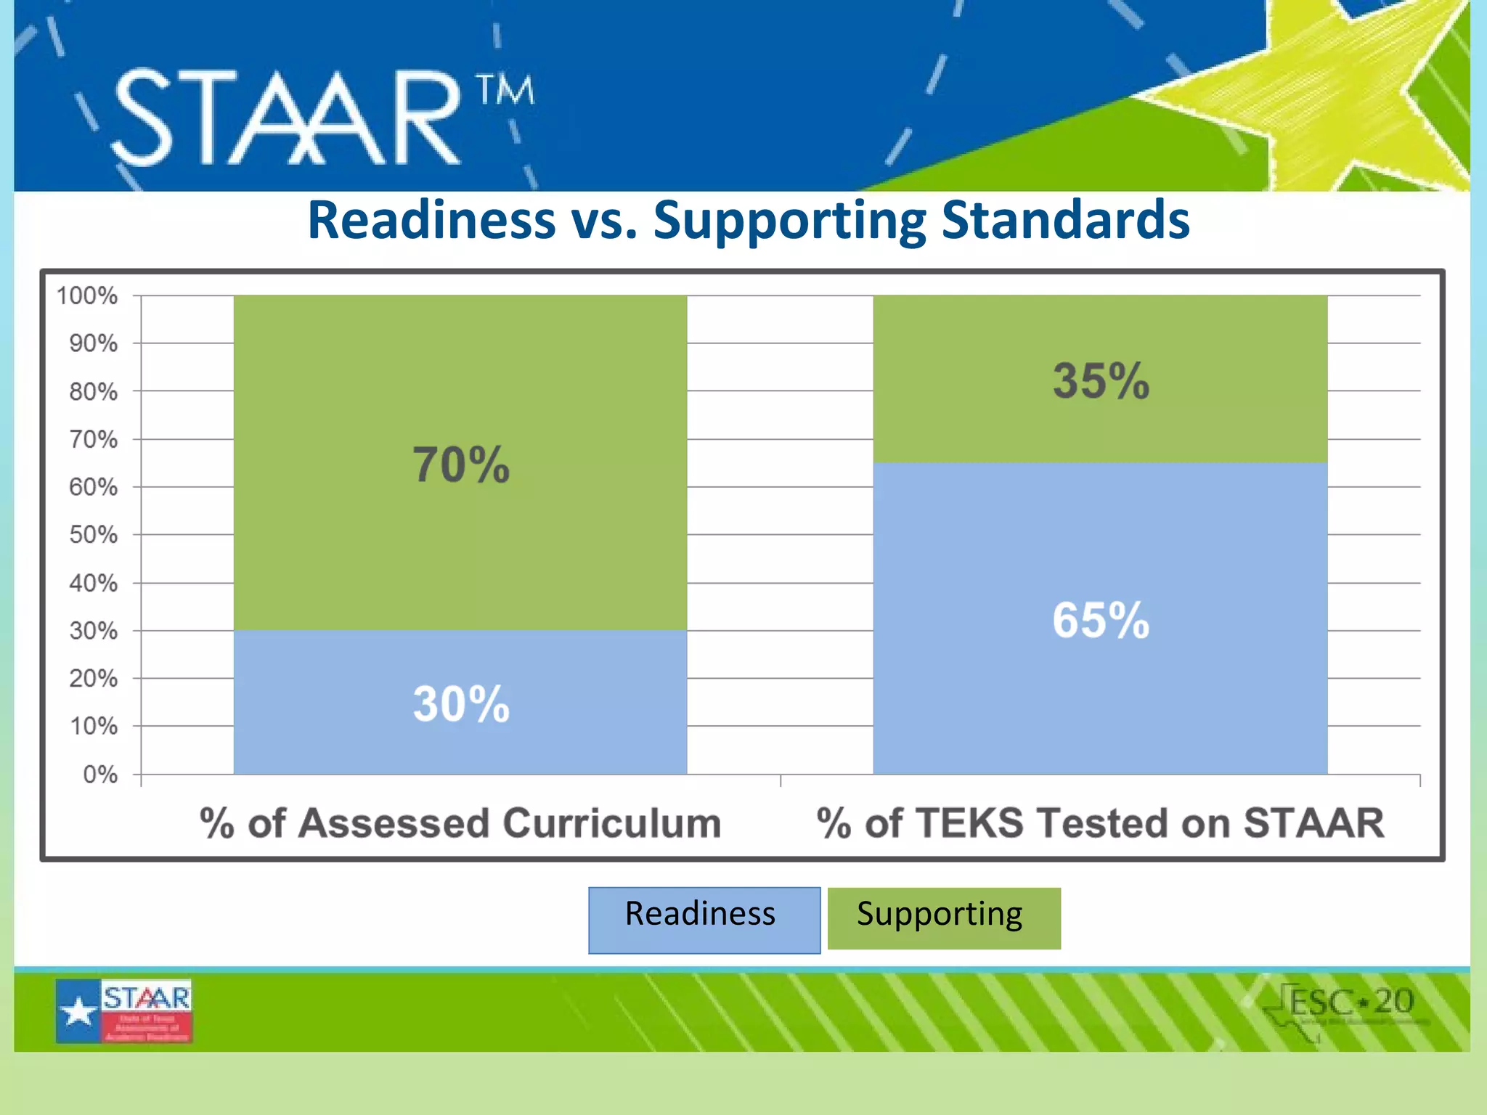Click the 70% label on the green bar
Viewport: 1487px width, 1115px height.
pos(461,465)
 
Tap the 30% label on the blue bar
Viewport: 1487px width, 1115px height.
pos(461,703)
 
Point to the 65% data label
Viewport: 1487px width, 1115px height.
pos(1101,620)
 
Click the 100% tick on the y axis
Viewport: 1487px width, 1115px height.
pos(87,295)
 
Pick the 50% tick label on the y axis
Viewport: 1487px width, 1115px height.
pos(93,535)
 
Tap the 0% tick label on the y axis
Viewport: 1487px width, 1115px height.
pos(99,775)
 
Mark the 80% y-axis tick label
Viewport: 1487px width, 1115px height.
pos(93,392)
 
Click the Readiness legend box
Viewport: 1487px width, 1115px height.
pos(704,919)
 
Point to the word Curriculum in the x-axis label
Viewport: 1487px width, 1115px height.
pos(611,823)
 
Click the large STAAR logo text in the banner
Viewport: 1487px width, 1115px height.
pos(288,118)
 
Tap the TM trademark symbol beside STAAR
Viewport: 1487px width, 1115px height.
pos(505,90)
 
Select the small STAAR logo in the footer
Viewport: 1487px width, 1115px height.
pos(124,1010)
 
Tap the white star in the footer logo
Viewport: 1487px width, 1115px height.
pos(78,1011)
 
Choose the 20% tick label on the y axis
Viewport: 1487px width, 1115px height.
pos(93,679)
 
